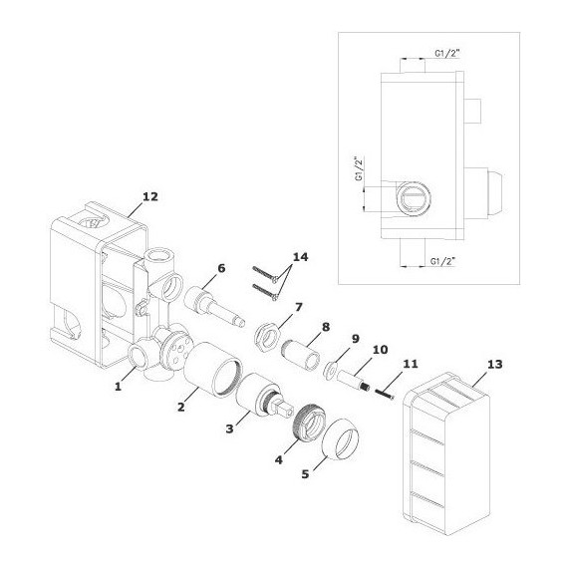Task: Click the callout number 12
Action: pos(150,196)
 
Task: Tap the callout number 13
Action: pos(495,364)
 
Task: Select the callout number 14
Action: pos(300,257)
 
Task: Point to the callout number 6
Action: pos(221,268)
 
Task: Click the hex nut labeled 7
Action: pos(267,331)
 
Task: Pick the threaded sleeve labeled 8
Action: pos(300,356)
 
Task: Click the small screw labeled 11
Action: pos(385,394)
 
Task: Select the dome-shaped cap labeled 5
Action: pos(341,438)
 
